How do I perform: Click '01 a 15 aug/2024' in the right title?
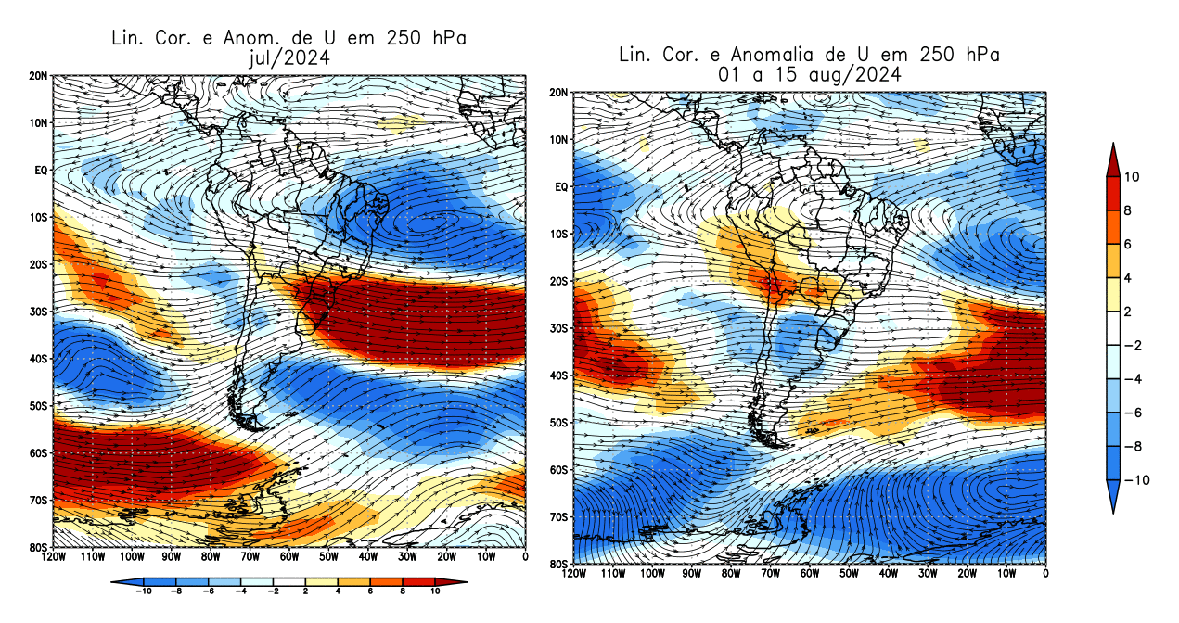809,74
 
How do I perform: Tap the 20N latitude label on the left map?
38,75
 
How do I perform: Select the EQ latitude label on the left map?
41,170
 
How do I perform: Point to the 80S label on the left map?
38,547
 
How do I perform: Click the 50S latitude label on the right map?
557,422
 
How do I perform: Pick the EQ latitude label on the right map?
560,186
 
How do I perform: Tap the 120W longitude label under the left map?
54,557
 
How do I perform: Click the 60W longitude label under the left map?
289,557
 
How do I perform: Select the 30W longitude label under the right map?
928,574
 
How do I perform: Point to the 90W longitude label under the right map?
692,574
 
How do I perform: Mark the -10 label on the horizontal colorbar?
144,590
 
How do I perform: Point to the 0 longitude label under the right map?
1045,574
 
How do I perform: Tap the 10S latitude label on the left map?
38,217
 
